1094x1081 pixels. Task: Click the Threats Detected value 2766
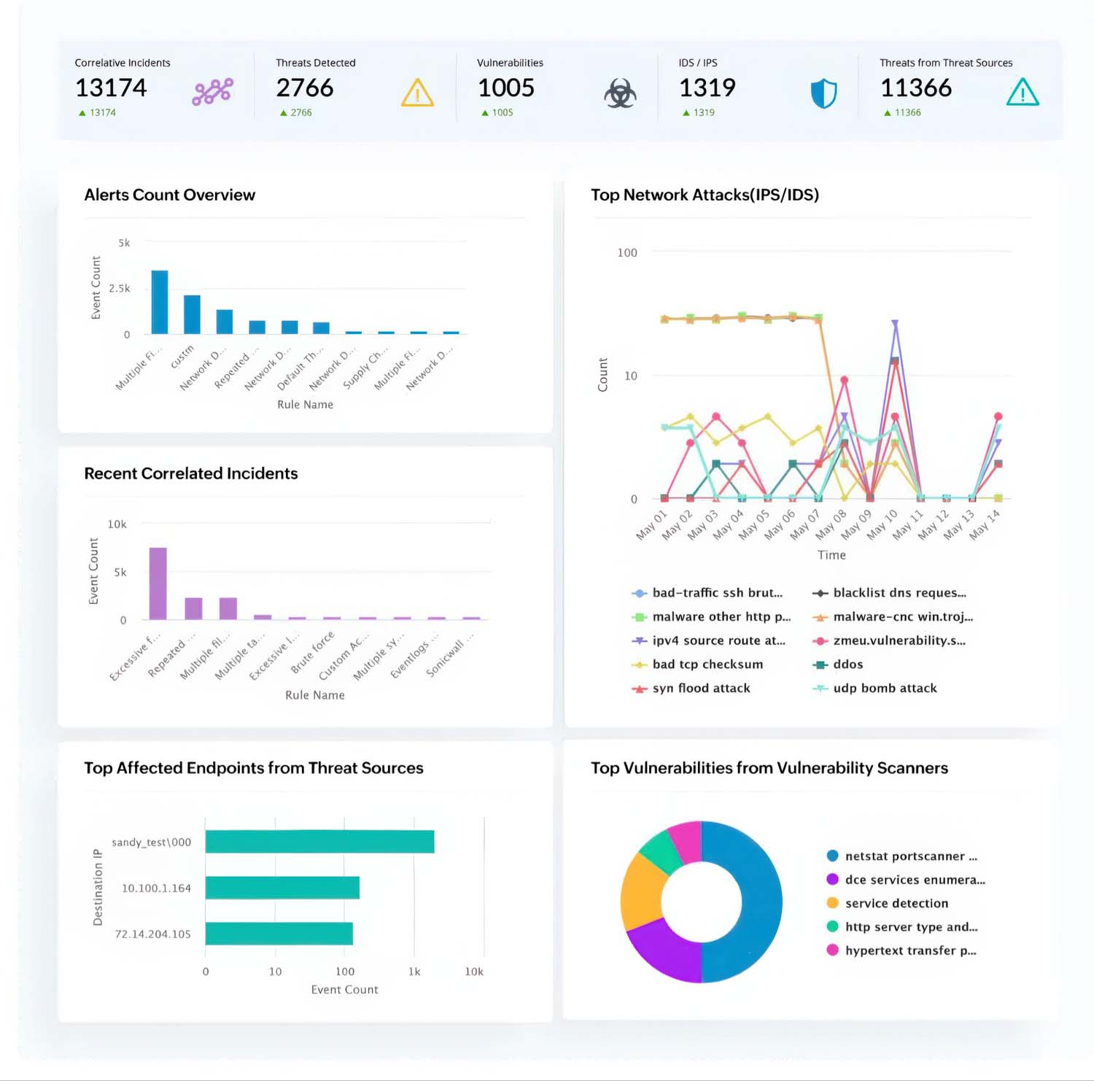pyautogui.click(x=304, y=88)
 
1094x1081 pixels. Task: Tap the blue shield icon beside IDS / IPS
pyautogui.click(x=823, y=93)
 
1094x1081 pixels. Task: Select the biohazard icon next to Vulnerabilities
pyautogui.click(x=620, y=93)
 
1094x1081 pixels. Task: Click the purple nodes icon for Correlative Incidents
pyautogui.click(x=212, y=92)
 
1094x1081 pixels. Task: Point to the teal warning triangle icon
pyautogui.click(x=1022, y=93)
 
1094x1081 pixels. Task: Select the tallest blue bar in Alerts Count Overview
pyautogui.click(x=159, y=302)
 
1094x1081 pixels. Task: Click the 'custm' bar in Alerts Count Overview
pyautogui.click(x=192, y=314)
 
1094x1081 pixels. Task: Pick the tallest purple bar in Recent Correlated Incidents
pyautogui.click(x=158, y=583)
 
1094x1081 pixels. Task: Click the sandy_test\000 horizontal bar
pyautogui.click(x=319, y=841)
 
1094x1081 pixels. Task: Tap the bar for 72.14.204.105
pyautogui.click(x=279, y=934)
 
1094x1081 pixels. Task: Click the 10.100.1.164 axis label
pyautogui.click(x=156, y=888)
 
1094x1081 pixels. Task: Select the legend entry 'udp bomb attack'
pyautogui.click(x=884, y=688)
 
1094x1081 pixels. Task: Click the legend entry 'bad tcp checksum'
pyautogui.click(x=707, y=664)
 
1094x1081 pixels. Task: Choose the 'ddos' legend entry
pyautogui.click(x=847, y=664)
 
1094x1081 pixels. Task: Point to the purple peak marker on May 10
pyautogui.click(x=895, y=323)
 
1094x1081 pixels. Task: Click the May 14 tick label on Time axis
pyautogui.click(x=985, y=524)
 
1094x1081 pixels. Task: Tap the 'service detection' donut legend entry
pyautogui.click(x=896, y=903)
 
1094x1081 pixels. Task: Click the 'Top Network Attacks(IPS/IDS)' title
pyautogui.click(x=705, y=195)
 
